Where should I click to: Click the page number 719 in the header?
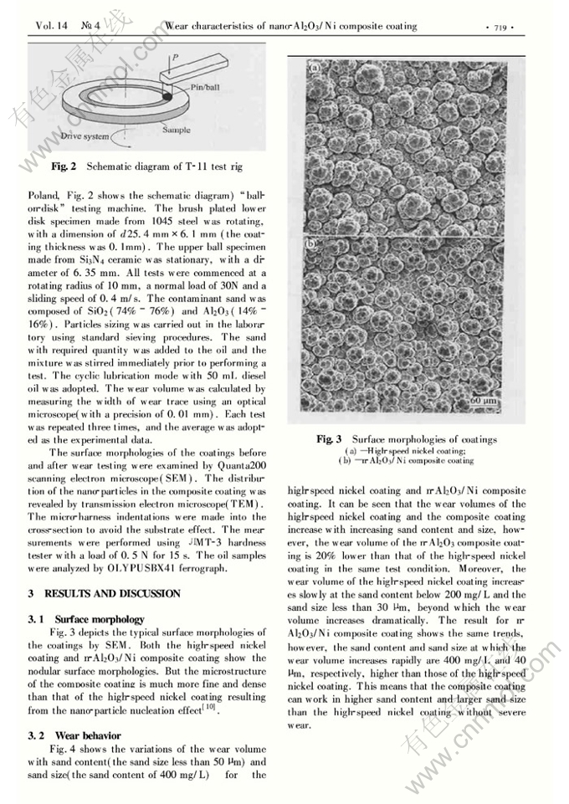pyautogui.click(x=500, y=27)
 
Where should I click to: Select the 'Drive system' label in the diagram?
pyautogui.click(x=85, y=136)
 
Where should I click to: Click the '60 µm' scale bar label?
pyautogui.click(x=484, y=401)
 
